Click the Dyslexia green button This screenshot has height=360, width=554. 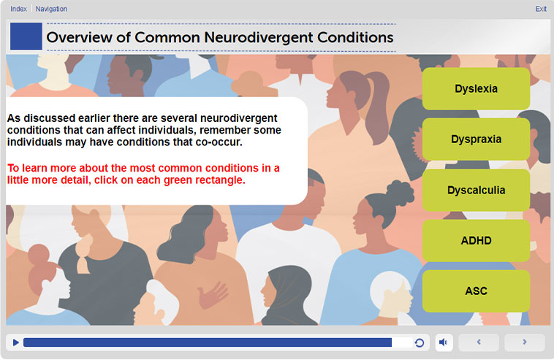(x=476, y=88)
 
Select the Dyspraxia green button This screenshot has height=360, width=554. (x=476, y=139)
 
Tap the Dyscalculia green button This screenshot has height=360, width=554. (x=476, y=190)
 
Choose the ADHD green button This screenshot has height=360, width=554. (x=476, y=240)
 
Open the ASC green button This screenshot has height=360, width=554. (x=476, y=291)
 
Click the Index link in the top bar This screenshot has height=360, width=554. (x=18, y=9)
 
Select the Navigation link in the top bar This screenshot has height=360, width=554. (x=51, y=9)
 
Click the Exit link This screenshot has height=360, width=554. (x=541, y=9)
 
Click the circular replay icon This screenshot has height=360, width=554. (x=420, y=342)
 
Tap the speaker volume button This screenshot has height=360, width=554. (x=444, y=342)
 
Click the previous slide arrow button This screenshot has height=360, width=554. (x=479, y=342)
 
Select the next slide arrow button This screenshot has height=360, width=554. (x=524, y=342)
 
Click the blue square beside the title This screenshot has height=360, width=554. (x=26, y=37)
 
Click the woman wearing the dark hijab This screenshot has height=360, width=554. (x=286, y=296)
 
